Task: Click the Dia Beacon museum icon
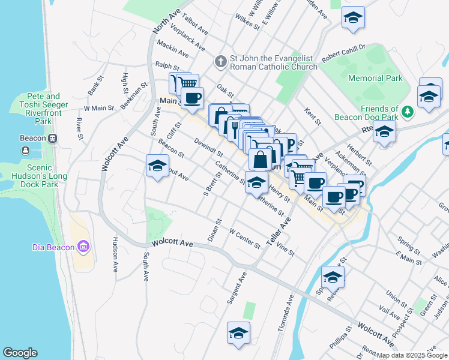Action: point(83,247)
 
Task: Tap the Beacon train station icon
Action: point(53,138)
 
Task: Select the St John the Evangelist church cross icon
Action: point(220,62)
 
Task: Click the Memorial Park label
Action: point(375,78)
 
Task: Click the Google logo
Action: point(20,353)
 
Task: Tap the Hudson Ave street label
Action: point(115,254)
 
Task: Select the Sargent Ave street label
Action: point(237,288)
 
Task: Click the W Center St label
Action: point(244,238)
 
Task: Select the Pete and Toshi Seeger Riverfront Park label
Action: point(43,108)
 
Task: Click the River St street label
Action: point(79,127)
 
